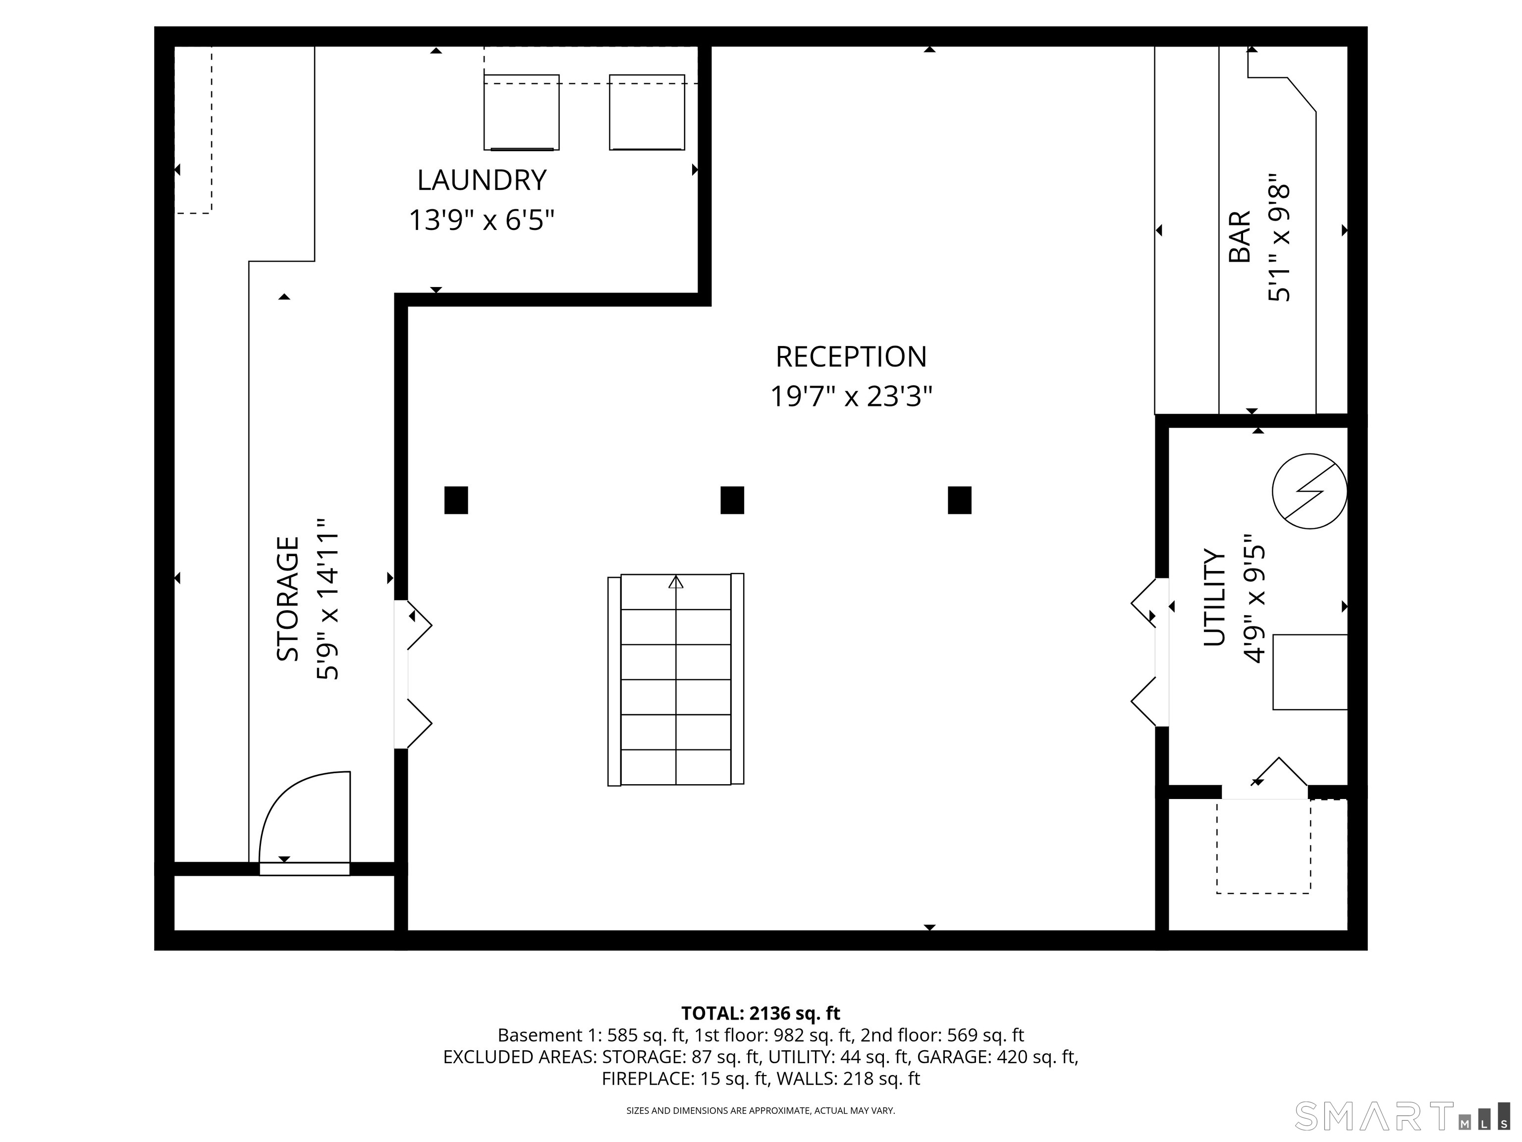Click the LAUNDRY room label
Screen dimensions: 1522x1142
482,180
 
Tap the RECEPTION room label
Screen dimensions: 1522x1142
851,356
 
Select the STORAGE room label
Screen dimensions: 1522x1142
288,599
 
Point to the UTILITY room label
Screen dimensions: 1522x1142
1214,597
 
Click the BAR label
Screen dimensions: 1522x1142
1240,237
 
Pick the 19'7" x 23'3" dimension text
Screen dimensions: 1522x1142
851,397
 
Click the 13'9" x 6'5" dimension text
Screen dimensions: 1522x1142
482,220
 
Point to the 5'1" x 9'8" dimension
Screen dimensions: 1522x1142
1280,237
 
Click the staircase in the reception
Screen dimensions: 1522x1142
676,680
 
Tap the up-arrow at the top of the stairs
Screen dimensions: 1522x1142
676,582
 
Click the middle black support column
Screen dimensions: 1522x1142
732,501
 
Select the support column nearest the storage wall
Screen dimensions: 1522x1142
456,501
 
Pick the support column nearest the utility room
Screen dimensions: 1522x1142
960,501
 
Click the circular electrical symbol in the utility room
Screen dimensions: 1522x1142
1309,492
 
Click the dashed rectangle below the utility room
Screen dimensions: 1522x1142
1263,846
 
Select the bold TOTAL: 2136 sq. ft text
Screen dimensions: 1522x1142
761,1013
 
